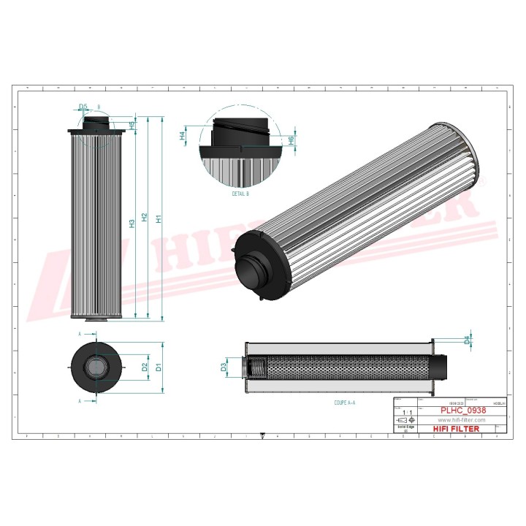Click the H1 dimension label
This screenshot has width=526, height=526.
click(x=159, y=218)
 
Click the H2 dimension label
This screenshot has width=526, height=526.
click(x=145, y=218)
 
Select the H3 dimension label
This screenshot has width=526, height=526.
click(x=131, y=224)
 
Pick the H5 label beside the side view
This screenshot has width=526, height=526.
click(x=131, y=125)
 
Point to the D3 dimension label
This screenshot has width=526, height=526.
click(x=224, y=367)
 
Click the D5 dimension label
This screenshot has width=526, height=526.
click(x=83, y=107)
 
